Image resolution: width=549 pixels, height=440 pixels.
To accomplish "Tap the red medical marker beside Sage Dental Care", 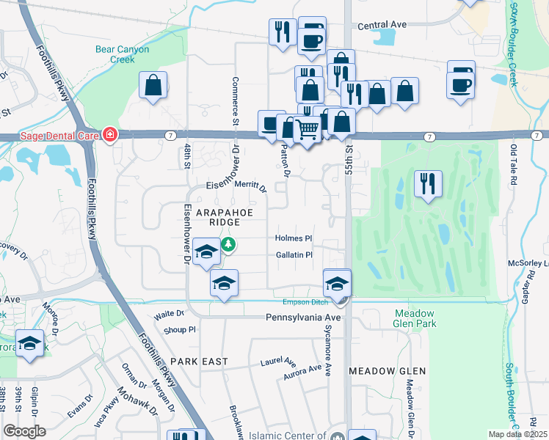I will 109,134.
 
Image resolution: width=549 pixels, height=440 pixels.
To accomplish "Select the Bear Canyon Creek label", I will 122,54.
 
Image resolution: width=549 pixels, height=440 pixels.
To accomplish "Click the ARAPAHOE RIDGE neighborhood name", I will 208,216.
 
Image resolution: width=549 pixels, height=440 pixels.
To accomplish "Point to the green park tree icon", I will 229,243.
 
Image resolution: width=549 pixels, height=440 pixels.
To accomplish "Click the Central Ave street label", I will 382,25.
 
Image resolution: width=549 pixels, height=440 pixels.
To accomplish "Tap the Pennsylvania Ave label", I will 303,318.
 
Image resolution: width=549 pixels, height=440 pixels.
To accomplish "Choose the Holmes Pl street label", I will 294,238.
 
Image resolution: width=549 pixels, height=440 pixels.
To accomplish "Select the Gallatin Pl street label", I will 294,255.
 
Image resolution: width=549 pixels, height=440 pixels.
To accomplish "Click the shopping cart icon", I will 308,131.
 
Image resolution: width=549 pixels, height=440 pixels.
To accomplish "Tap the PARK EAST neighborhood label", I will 199,362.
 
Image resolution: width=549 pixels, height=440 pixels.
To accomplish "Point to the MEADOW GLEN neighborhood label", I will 388,371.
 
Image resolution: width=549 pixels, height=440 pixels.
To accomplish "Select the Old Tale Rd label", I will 514,164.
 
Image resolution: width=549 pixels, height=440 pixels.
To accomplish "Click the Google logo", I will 24,431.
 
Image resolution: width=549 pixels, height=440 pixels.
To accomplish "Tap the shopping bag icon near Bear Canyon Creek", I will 153,85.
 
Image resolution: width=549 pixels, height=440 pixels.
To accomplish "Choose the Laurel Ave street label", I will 278,362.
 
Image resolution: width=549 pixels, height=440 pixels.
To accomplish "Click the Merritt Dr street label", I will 250,188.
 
